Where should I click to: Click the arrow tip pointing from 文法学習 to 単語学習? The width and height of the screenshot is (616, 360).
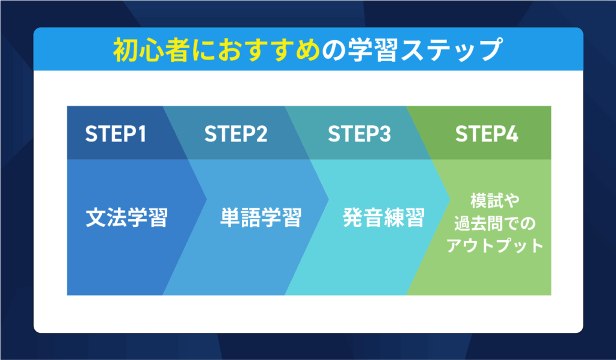[x=206, y=199]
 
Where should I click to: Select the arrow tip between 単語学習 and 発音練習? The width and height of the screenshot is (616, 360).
[x=328, y=199]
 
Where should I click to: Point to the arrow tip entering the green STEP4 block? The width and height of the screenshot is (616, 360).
[x=450, y=199]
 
